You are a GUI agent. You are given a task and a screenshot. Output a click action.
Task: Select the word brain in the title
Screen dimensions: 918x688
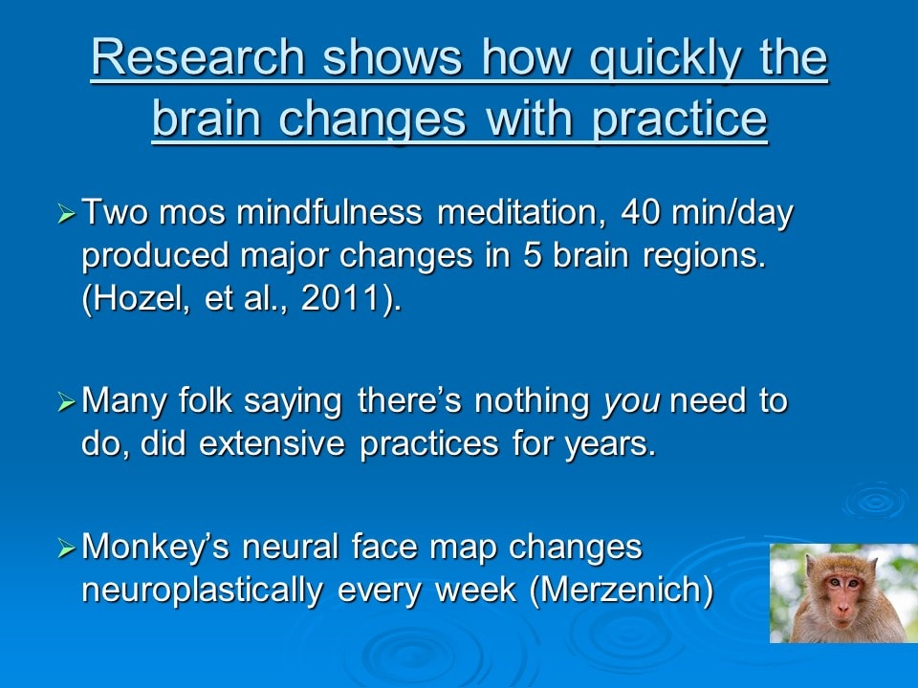[x=207, y=118]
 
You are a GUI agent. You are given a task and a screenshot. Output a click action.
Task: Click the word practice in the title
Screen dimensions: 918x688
[x=679, y=120]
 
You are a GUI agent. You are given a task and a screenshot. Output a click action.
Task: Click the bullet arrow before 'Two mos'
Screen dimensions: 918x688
[x=67, y=213]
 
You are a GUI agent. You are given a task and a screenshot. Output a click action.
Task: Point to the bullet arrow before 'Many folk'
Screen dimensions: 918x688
[x=67, y=402]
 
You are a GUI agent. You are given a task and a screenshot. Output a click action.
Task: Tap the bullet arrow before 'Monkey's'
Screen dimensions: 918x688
[x=67, y=548]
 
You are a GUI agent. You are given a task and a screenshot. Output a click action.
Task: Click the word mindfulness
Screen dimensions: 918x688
[x=329, y=211]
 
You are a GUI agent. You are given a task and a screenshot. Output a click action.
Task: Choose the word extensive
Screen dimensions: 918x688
[x=273, y=443]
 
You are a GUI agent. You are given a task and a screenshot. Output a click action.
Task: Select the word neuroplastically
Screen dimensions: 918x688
[x=202, y=591]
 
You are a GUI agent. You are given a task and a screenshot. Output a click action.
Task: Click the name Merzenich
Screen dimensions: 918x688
[x=622, y=590]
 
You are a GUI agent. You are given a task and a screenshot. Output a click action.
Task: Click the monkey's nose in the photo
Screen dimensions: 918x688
[x=842, y=609]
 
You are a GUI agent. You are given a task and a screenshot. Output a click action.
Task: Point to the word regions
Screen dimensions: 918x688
[x=705, y=257]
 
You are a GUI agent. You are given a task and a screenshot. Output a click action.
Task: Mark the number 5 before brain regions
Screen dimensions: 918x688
[x=533, y=255]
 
